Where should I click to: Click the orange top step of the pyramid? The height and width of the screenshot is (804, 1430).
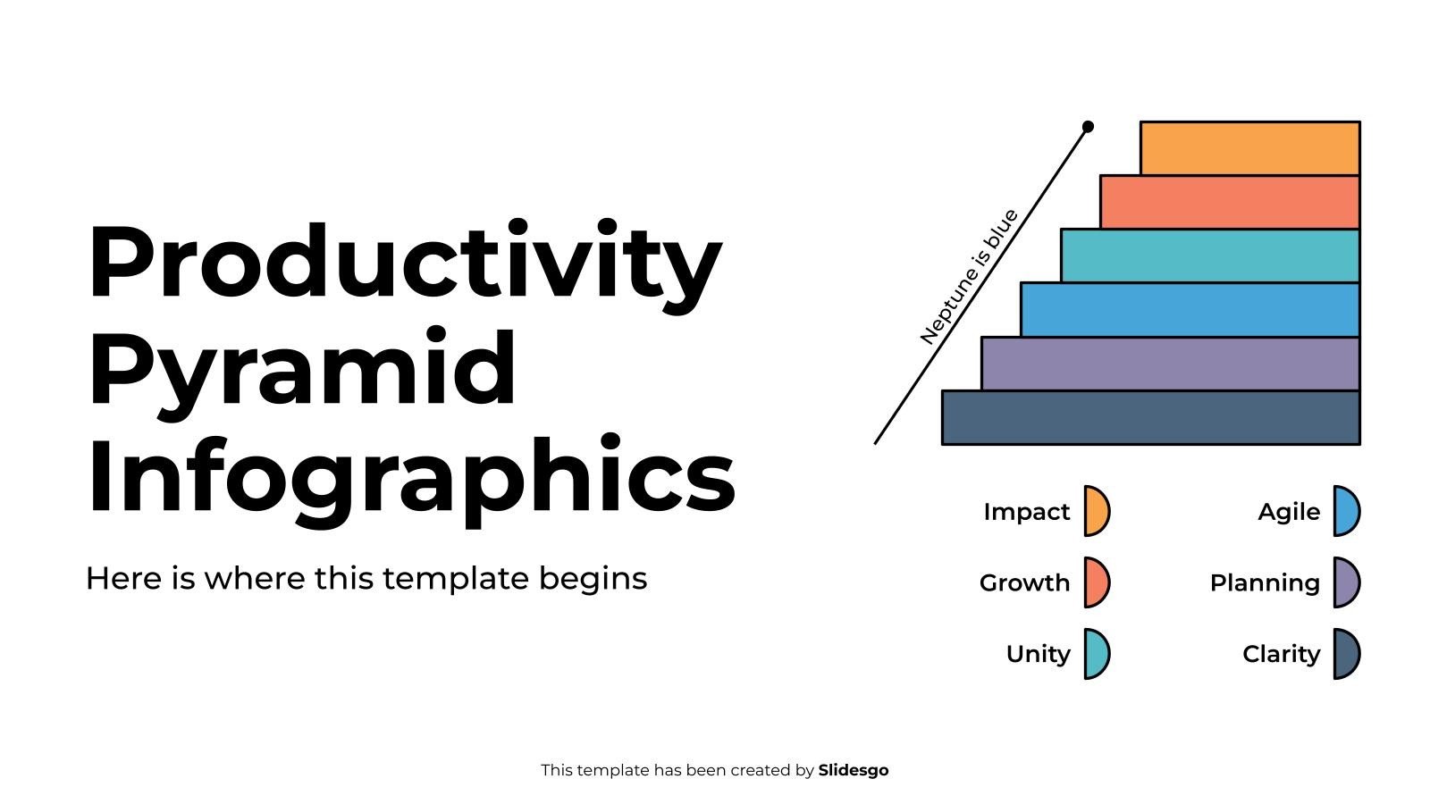click(1250, 148)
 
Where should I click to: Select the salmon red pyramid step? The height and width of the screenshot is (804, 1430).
click(1230, 202)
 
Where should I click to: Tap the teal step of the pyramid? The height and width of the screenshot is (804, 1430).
click(1210, 255)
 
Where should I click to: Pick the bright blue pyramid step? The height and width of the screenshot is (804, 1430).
click(1190, 309)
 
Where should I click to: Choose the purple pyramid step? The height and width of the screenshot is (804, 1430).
click(1171, 364)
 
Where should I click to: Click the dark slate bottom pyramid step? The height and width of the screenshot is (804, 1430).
click(1151, 418)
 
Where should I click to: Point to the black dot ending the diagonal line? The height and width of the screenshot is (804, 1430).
click(1088, 127)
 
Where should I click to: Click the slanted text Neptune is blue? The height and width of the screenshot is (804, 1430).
click(969, 277)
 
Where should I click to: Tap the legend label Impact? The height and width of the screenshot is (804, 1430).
click(1027, 512)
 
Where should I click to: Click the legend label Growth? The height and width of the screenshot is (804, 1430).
click(1024, 582)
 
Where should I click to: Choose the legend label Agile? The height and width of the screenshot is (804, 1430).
click(1289, 513)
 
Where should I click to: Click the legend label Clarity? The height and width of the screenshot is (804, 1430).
click(1282, 655)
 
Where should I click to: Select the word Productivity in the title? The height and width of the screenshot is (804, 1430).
click(406, 265)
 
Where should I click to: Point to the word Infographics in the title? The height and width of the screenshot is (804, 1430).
click(412, 480)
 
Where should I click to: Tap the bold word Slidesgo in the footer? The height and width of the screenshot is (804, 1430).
click(854, 771)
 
